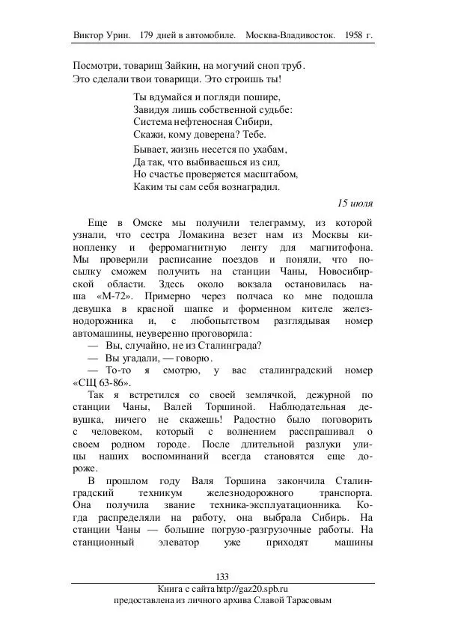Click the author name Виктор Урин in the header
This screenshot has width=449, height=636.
tap(103, 35)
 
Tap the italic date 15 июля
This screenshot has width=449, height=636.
tap(355, 203)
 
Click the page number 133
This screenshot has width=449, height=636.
tap(222, 575)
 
